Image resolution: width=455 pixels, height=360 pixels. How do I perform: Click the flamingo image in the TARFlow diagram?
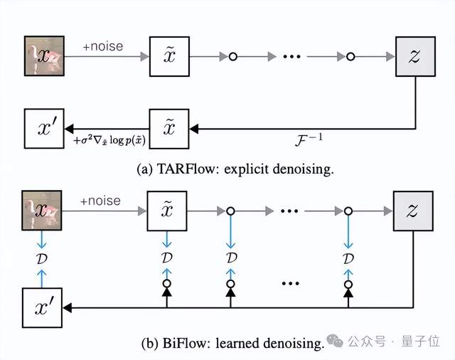43,55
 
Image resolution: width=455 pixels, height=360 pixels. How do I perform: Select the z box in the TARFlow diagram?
414,55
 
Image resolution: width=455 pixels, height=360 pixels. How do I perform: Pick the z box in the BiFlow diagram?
414,211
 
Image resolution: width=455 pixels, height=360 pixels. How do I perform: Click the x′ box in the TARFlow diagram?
43,129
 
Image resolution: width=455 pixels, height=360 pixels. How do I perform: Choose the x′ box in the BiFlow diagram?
43,307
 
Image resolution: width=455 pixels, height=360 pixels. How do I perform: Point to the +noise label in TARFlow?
102,46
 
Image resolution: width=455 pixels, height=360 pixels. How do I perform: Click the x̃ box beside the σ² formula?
168,129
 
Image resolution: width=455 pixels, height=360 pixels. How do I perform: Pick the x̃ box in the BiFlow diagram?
166,211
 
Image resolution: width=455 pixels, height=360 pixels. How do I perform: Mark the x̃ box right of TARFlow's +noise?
168,55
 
